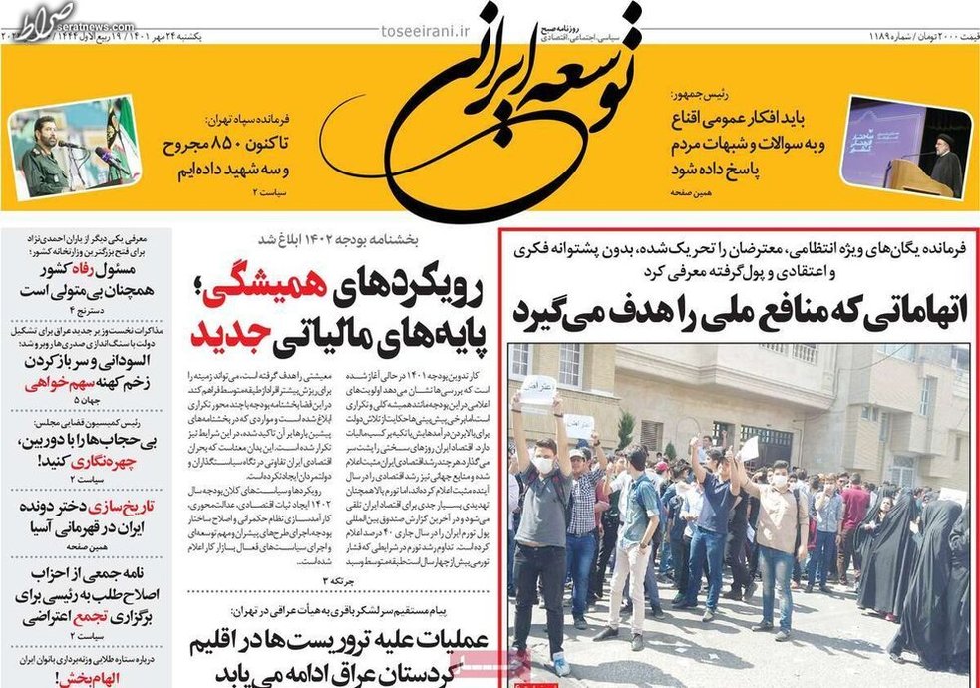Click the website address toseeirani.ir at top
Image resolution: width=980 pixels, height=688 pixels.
(425, 29)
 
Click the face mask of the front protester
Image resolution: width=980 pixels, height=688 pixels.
(542, 464)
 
